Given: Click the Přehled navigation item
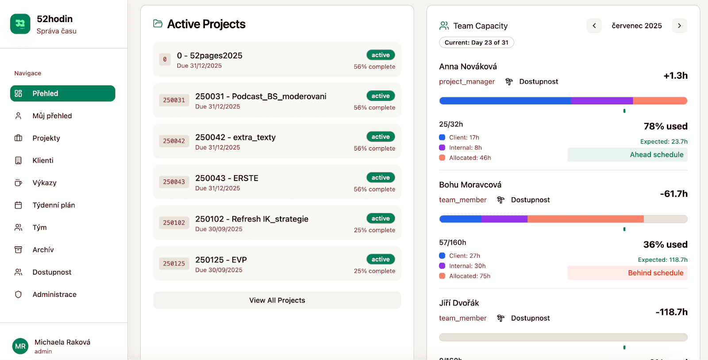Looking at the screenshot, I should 62,93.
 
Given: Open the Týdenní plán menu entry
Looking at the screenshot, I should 54,205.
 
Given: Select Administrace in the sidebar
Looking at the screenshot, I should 54,295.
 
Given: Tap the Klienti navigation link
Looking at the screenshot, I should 42,161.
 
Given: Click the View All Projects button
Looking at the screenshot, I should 277,300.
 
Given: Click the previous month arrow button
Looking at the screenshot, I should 594,26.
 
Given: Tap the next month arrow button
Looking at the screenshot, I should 679,26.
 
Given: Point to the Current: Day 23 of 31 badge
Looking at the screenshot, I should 476,42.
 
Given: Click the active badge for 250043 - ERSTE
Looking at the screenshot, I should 381,178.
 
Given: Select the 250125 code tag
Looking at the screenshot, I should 174,264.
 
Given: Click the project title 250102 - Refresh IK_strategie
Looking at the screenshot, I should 252,219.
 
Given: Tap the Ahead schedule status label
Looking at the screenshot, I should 656,155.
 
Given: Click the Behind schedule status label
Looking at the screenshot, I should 655,273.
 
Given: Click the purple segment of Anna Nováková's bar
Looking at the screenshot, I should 602,101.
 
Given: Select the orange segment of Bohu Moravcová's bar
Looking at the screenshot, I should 585,219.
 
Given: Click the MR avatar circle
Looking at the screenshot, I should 20,346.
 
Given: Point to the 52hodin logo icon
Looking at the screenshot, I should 20,24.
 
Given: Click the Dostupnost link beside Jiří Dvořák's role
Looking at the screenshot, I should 530,318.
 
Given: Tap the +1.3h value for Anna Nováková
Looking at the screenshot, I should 675,76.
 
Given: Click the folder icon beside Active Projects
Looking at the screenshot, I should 158,23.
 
